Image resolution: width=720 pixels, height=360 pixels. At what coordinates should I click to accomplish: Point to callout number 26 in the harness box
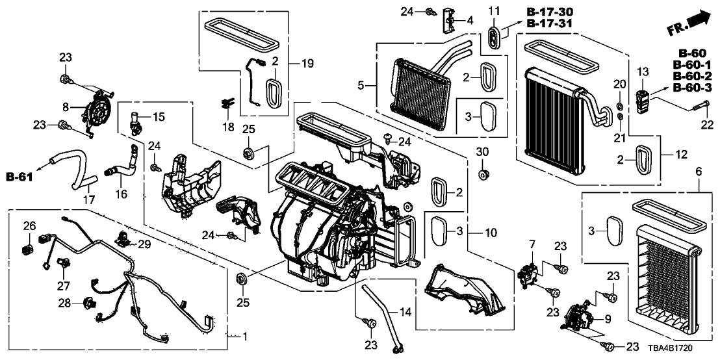pos(29,226)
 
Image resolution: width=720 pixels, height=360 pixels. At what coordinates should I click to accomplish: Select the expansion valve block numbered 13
pos(643,101)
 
